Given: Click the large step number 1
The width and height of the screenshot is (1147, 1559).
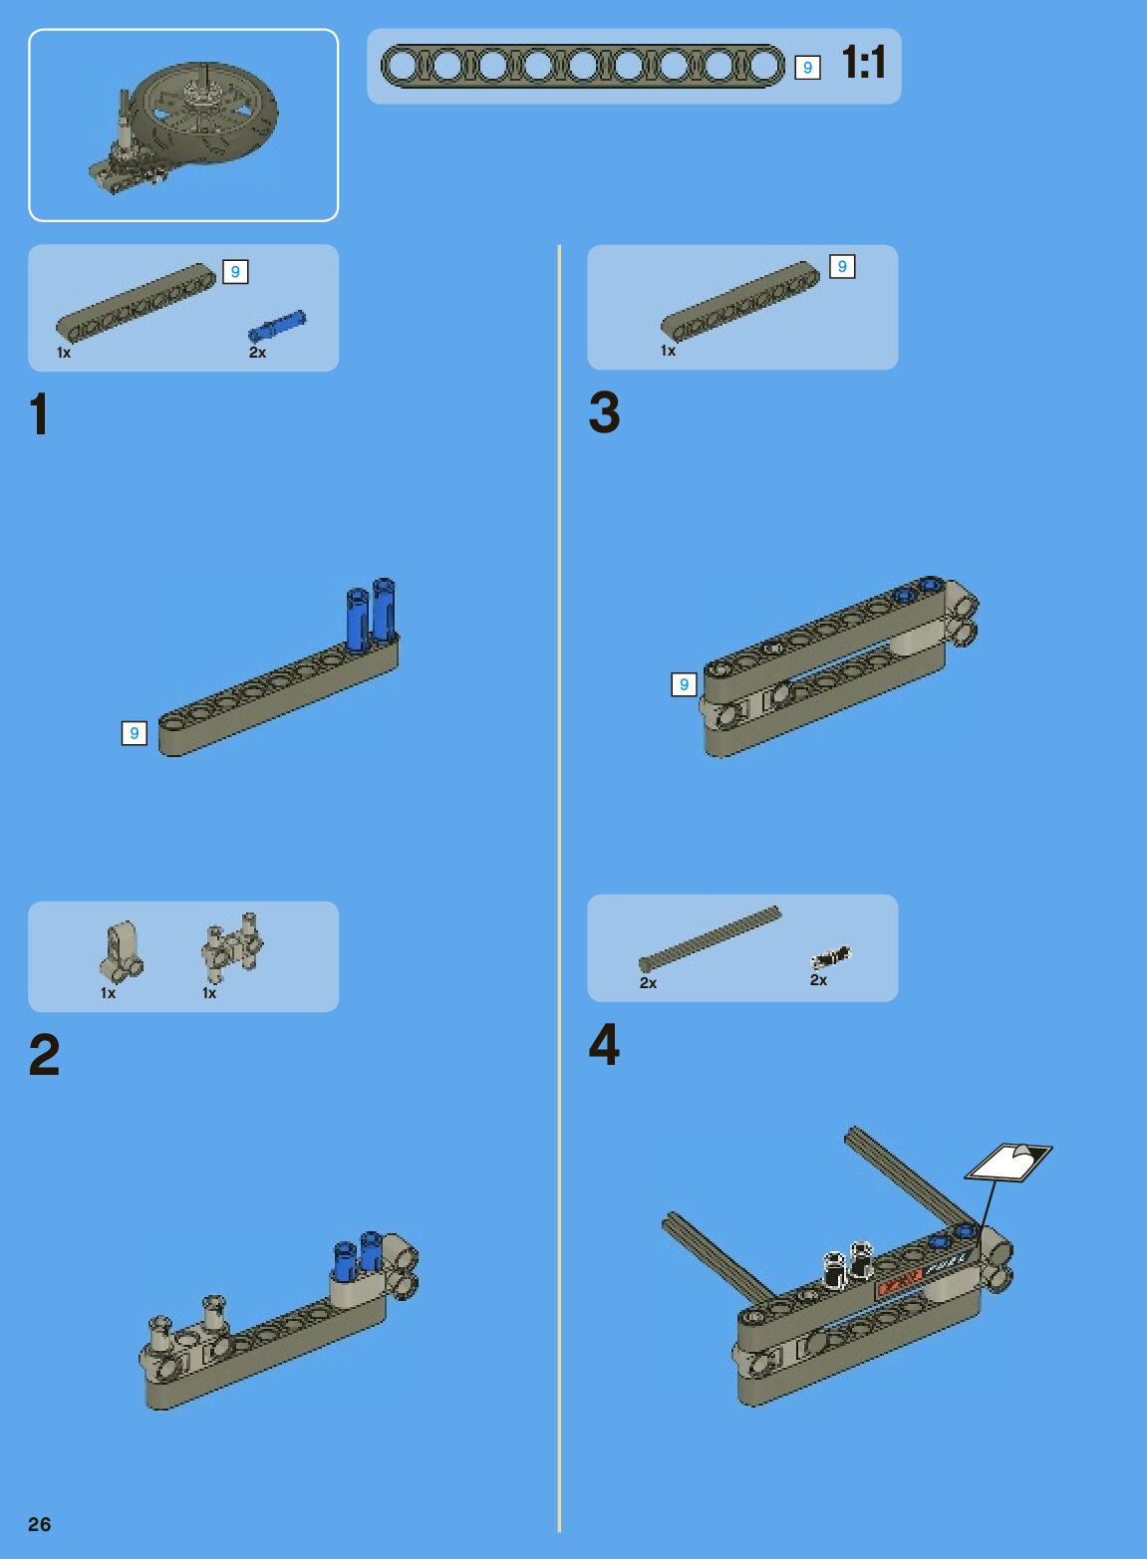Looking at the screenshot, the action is click(x=40, y=413).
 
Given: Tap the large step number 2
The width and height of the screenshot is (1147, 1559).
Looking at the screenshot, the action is click(x=44, y=1055).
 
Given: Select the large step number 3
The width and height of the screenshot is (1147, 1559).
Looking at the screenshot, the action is click(x=604, y=412).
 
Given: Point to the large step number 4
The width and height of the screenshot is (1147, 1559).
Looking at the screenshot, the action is click(x=604, y=1044).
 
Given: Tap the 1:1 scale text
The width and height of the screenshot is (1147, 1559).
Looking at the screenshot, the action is click(x=864, y=62).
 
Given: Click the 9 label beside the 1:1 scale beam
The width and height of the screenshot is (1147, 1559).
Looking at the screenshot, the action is click(x=807, y=68).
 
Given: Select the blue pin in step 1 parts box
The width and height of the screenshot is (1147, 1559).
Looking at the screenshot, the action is click(x=276, y=326).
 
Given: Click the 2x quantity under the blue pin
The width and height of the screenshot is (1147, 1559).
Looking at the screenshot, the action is click(x=258, y=353).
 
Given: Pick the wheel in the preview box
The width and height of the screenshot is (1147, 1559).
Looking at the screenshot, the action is click(x=205, y=112).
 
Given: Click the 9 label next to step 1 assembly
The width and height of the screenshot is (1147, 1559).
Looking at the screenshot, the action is click(x=135, y=733).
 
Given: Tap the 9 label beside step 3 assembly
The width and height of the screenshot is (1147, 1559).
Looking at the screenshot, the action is click(x=684, y=684).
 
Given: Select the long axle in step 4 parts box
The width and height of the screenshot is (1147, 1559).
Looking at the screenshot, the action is click(x=710, y=938).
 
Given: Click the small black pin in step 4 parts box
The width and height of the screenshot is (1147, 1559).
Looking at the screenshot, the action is click(x=831, y=957).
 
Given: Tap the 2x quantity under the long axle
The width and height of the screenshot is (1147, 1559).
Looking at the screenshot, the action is click(x=649, y=983).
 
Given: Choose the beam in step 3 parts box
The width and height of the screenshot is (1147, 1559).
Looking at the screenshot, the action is click(x=740, y=302).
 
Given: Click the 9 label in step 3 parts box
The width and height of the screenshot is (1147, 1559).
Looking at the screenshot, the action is click(x=842, y=267).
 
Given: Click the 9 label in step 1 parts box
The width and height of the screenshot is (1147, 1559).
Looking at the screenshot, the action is click(x=235, y=272).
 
